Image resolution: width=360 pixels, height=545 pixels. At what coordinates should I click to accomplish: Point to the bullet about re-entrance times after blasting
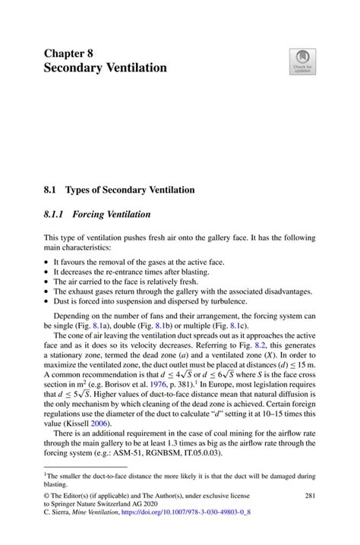point(125,270)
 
